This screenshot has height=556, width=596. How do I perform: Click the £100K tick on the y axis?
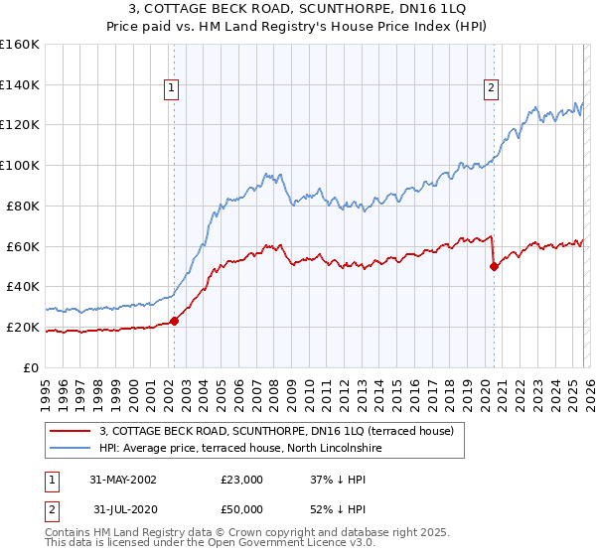click(20, 165)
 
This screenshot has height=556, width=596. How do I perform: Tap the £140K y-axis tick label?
click(20, 84)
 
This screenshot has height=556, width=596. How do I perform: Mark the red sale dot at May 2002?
click(174, 321)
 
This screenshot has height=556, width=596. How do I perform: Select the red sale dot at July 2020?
click(494, 266)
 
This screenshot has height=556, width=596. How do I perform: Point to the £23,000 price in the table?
click(241, 480)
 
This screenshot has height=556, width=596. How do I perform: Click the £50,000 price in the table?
click(241, 508)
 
